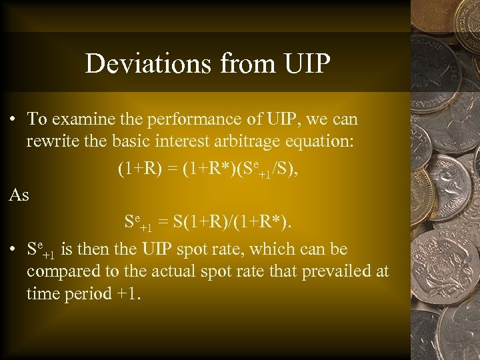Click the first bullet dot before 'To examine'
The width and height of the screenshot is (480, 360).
[13, 120]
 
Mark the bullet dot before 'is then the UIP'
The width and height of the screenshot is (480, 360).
[13, 250]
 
